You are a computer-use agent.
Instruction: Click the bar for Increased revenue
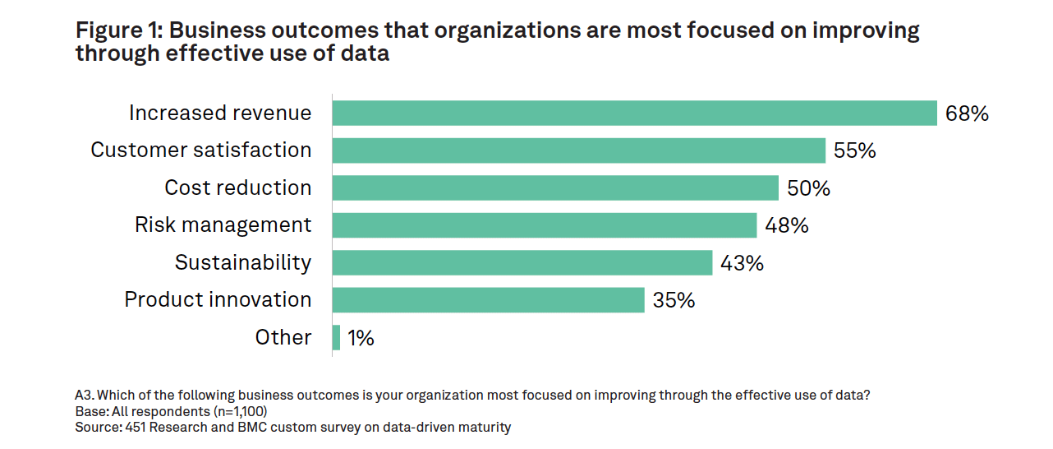point(634,113)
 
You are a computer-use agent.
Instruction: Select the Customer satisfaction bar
point(578,150)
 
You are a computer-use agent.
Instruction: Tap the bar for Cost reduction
point(555,187)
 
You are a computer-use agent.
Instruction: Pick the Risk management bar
point(544,225)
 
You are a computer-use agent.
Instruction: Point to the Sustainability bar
point(522,262)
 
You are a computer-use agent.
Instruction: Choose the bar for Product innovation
point(488,300)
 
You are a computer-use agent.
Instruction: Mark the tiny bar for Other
point(336,337)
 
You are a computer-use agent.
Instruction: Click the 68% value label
point(967,113)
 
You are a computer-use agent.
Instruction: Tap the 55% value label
point(855,151)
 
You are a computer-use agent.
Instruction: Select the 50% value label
point(808,188)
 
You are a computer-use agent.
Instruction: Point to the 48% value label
point(787,225)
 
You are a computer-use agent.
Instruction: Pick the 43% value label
point(742,263)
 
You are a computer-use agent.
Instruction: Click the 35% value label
point(674,300)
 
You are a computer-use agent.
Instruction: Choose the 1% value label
point(361,338)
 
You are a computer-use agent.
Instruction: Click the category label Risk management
point(223,224)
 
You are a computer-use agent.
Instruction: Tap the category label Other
point(283,337)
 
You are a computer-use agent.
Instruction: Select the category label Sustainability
point(243,262)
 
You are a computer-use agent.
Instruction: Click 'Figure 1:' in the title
point(117,31)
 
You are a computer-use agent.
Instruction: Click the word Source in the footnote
point(96,428)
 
